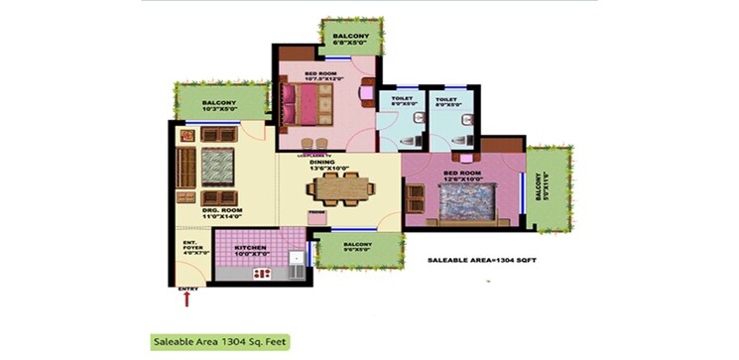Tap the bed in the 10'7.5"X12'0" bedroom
click(x=311, y=102)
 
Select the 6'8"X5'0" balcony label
click(x=350, y=40)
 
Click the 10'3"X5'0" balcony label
click(x=220, y=104)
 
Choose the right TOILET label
click(x=446, y=101)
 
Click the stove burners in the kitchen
click(x=264, y=272)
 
